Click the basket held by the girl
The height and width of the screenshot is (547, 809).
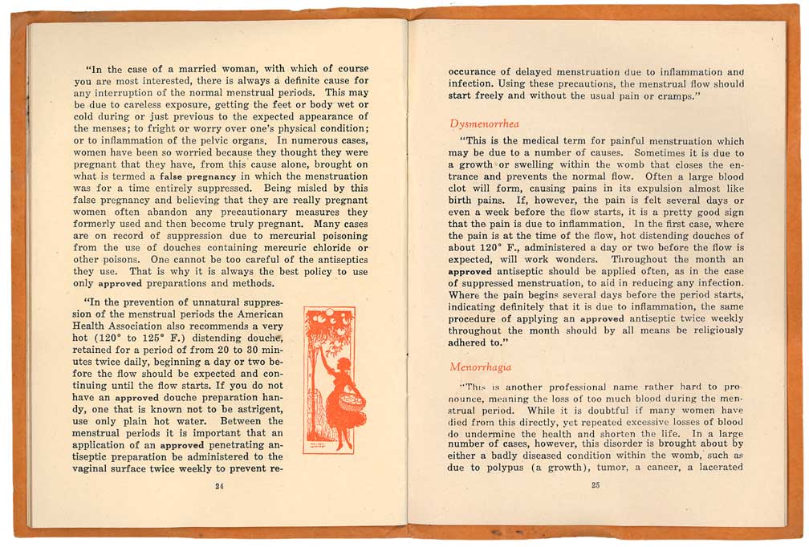(351, 399)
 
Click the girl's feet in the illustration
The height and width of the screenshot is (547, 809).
(345, 444)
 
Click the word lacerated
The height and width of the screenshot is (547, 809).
(717, 468)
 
